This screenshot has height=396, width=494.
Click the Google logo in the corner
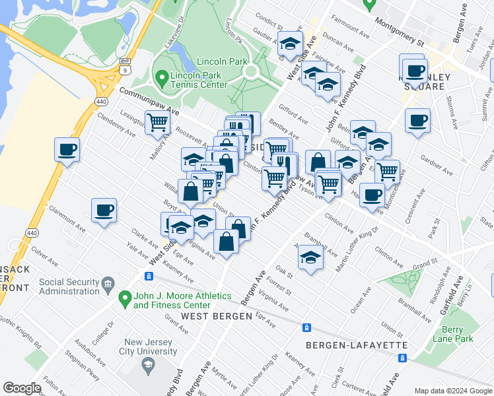[x=22, y=388]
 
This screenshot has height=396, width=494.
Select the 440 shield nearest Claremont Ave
[x=31, y=233]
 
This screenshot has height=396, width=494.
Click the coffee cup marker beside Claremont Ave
[x=104, y=211]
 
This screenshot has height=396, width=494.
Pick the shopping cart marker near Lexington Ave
[x=157, y=121]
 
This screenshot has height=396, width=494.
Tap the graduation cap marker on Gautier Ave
[x=289, y=44]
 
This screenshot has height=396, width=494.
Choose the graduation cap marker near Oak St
[x=310, y=257]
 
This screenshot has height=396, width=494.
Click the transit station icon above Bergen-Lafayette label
[x=306, y=327]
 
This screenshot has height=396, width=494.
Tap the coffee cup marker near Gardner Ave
[x=417, y=121]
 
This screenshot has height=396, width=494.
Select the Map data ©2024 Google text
[x=452, y=390]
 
